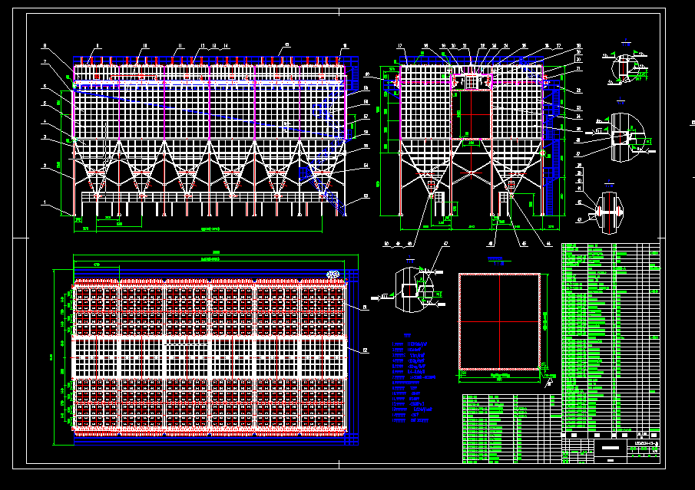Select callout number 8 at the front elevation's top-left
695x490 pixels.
pyautogui.click(x=45, y=46)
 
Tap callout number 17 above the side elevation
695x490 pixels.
pyautogui.click(x=400, y=47)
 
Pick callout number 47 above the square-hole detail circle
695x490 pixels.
pyautogui.click(x=445, y=244)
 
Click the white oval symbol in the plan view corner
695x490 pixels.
pyautogui.click(x=333, y=274)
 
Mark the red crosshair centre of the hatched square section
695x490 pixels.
pyautogui.click(x=500, y=321)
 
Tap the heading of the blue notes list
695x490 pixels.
pyautogui.click(x=409, y=335)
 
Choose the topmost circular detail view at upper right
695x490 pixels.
pyautogui.click(x=627, y=67)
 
